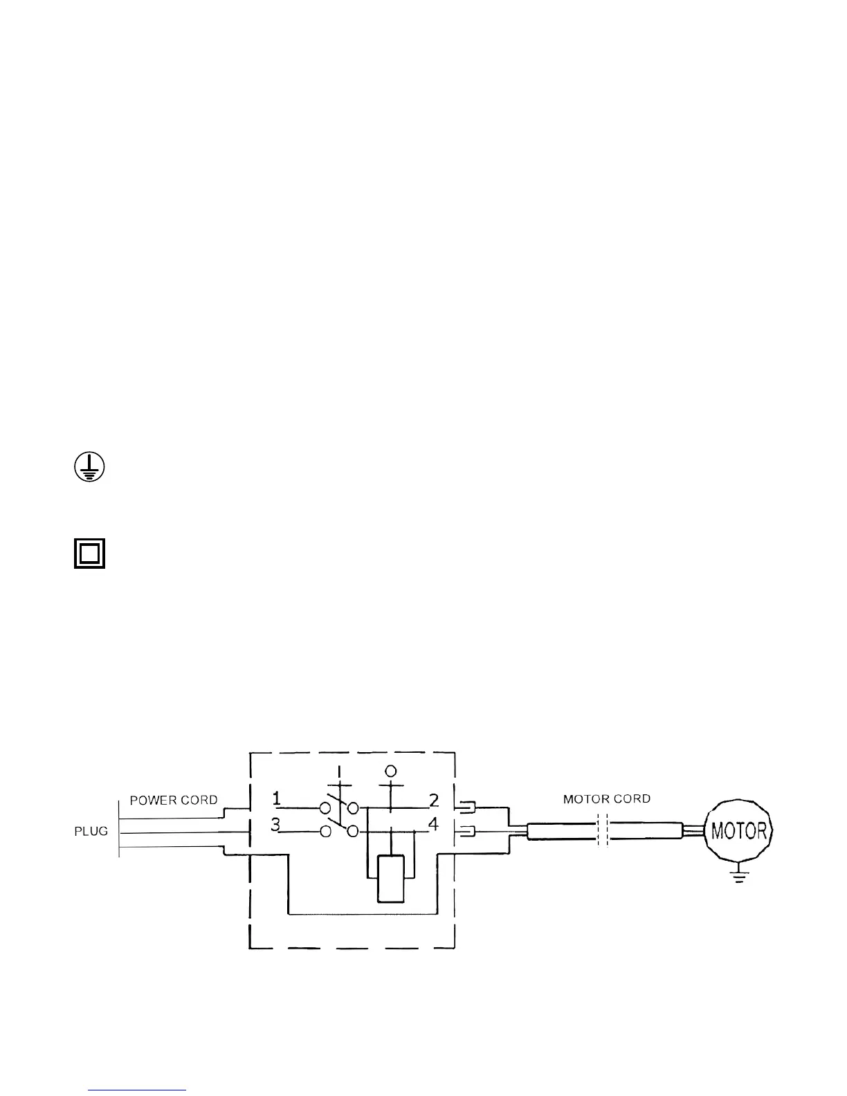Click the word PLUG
pos(91,831)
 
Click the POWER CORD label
pos(174,800)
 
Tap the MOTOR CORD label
pos(606,799)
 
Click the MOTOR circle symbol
pos(738,830)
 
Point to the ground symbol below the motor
pos(739,876)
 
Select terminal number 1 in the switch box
pos(277,799)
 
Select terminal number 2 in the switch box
pos(434,801)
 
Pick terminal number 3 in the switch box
pos(275,825)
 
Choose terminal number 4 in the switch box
pos(434,825)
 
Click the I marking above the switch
pos(339,770)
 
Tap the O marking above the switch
pos(390,770)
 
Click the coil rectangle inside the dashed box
pos(390,879)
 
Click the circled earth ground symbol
pos(89,468)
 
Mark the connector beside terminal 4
pos(464,831)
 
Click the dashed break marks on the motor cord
pos(602,830)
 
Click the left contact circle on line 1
pos(325,807)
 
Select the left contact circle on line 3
pos(325,832)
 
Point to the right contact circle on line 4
pos(352,832)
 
